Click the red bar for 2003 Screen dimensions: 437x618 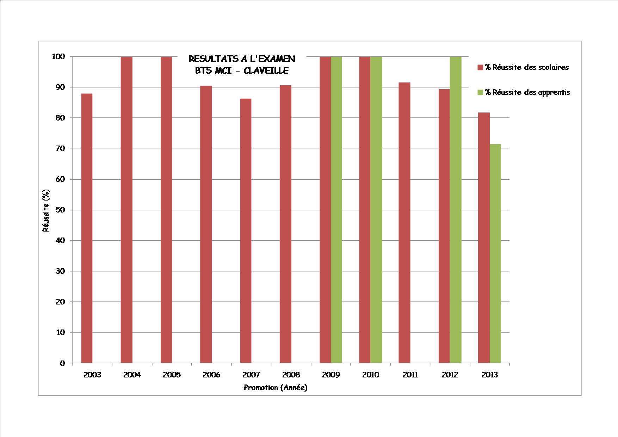click(87, 228)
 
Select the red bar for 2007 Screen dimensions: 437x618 click(246, 230)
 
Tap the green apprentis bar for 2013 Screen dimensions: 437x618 click(495, 253)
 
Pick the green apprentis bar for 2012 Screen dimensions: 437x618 click(456, 210)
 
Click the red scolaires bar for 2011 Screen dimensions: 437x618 click(404, 222)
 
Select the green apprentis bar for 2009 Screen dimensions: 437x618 click(336, 210)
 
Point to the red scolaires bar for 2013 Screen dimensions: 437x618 click(484, 238)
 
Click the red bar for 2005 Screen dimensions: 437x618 click(166, 210)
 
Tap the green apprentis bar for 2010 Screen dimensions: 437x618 click(376, 210)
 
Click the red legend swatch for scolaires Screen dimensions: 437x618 click(480, 67)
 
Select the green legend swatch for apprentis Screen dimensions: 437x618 click(480, 92)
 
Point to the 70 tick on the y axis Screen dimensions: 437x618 click(61, 149)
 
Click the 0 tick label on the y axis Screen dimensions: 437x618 click(63, 363)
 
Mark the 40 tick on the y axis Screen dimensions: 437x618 click(61, 241)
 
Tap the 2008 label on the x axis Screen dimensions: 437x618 click(291, 375)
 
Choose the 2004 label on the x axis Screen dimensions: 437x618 click(132, 375)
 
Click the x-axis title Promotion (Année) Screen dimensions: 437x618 click(276, 388)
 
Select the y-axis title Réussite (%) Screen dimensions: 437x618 click(46, 210)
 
